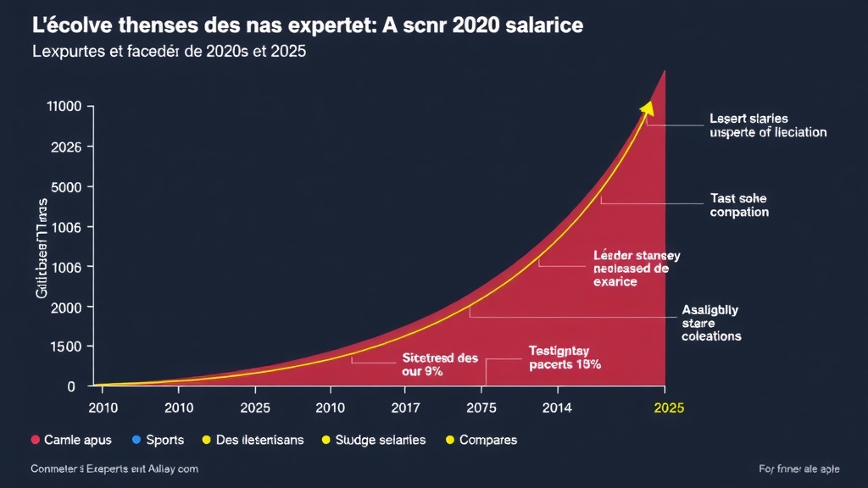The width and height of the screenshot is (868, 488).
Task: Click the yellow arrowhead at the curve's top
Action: pos(648,107)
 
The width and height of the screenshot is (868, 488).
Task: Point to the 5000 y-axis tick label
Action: pos(66,187)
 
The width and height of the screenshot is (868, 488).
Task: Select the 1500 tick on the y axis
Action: pos(66,347)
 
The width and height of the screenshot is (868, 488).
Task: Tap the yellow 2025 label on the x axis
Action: pos(669,408)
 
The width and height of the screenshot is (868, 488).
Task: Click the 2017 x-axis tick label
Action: pos(406,408)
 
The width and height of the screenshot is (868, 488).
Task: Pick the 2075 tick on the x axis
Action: pos(481,408)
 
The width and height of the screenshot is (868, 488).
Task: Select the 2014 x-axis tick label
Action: pos(557,408)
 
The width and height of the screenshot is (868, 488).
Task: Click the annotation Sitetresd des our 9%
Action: pos(428,364)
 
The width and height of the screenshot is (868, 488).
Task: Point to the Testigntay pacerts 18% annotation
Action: pos(565,358)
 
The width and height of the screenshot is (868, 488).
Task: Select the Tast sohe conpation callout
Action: pos(738,205)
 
